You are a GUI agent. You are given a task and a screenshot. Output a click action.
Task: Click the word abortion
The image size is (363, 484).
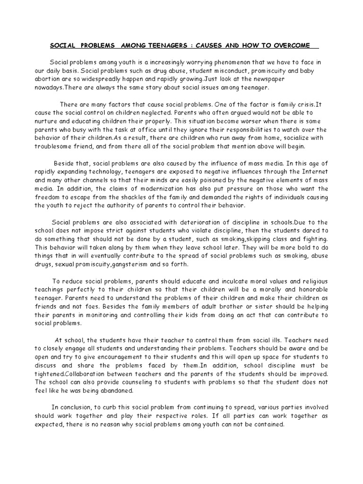click(46, 79)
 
